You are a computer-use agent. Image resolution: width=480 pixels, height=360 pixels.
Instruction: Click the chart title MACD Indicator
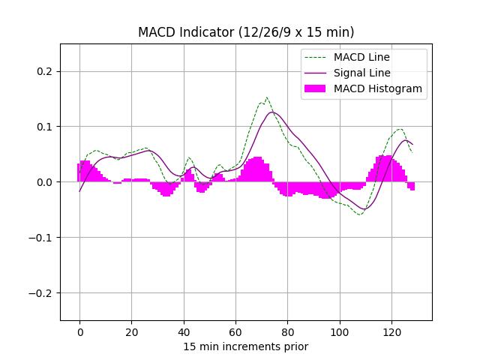246,32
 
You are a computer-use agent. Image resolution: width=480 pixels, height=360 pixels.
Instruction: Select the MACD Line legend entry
361,58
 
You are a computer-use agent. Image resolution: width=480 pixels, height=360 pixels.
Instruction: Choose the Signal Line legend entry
361,73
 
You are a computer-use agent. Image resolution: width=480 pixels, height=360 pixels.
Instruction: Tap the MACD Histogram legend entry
377,88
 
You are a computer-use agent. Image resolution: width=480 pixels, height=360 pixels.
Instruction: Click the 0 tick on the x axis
79,332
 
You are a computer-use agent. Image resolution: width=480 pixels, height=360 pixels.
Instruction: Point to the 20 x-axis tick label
132,332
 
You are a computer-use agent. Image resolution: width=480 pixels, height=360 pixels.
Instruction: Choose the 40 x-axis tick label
184,332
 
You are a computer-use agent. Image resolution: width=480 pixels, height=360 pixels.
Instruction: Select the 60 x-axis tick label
235,332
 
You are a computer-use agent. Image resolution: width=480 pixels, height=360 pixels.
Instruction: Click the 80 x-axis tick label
287,332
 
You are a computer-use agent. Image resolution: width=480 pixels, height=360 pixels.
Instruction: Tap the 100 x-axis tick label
340,332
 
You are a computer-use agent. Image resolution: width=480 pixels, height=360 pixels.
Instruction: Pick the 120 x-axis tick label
391,332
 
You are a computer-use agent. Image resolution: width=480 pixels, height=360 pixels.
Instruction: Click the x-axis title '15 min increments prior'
246,346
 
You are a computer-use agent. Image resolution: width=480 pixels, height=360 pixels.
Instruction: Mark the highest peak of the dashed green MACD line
266,97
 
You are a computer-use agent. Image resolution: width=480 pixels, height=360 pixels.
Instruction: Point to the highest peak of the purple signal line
273,112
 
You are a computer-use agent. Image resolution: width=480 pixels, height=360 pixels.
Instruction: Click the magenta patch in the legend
315,88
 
